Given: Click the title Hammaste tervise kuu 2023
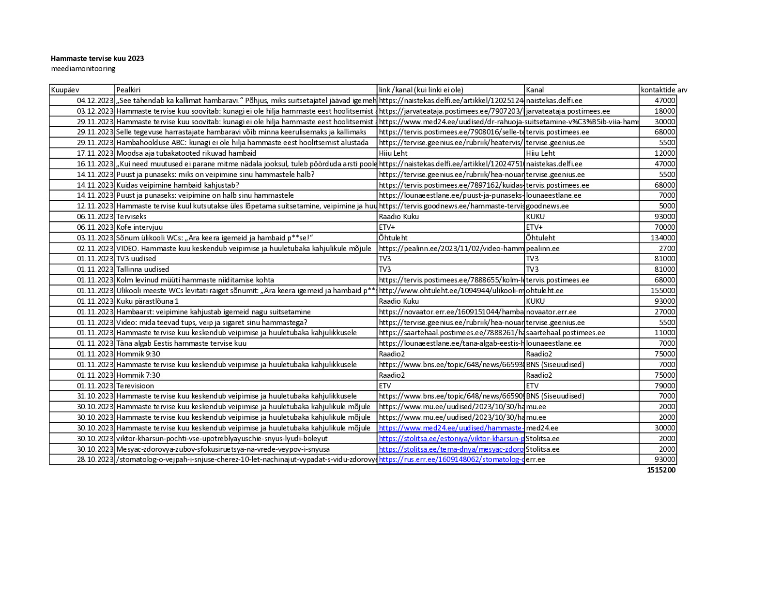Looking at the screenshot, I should click(97, 59).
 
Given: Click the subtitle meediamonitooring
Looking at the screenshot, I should click(83, 69).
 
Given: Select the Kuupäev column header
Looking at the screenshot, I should click(65, 90).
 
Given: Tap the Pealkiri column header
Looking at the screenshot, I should click(128, 90).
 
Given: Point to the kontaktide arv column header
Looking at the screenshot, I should click(663, 90).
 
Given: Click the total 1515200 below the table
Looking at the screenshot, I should click(661, 470).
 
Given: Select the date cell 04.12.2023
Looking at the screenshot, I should click(95, 101).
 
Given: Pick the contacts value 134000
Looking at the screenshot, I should click(663, 238).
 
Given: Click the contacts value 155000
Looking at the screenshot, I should click(663, 291).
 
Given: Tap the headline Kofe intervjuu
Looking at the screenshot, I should click(139, 227).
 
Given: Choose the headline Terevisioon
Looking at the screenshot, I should click(135, 386).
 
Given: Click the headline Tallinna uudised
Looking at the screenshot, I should click(142, 269).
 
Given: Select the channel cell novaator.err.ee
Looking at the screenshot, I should click(551, 312).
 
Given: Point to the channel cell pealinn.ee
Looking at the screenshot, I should click(543, 249).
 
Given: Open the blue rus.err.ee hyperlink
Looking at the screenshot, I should click(450, 459).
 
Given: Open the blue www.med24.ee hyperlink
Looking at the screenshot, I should click(450, 428).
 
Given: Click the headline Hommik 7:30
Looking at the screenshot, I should click(138, 375).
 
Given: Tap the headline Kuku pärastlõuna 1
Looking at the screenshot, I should click(147, 301).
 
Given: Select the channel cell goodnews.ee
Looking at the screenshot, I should click(547, 206).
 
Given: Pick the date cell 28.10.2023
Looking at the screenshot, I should click(95, 459).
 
